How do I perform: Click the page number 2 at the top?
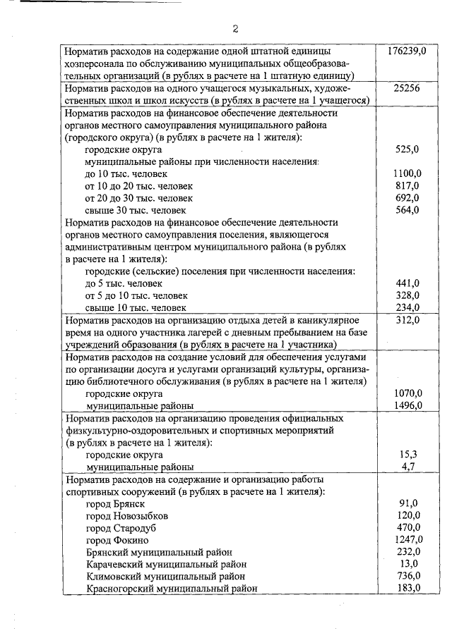[x=235, y=29]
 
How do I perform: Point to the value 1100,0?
[x=408, y=173]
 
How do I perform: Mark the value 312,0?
[x=408, y=320]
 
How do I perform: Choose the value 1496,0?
[x=408, y=405]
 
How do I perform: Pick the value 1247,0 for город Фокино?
[x=408, y=539]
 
